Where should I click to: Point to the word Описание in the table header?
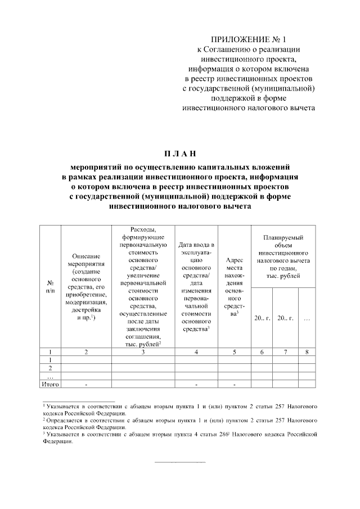[x=86, y=256]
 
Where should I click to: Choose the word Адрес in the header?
[x=233, y=260]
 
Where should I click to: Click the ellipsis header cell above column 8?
[x=307, y=318]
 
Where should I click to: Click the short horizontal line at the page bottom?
[x=179, y=462]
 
